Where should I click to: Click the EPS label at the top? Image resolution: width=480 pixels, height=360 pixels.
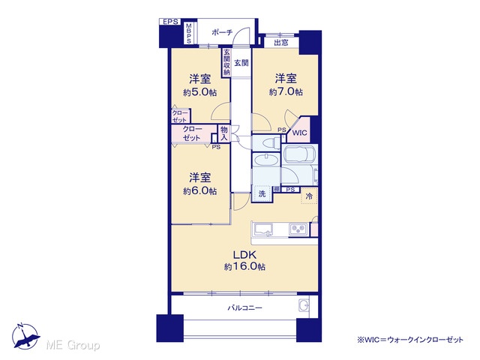point(170,22)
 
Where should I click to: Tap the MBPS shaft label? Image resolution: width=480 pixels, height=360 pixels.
point(189,33)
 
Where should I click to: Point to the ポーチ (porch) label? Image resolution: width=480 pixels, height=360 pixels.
point(223,32)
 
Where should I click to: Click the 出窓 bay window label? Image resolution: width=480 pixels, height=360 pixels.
point(281,43)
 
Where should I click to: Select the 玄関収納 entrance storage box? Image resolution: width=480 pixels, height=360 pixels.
point(226,62)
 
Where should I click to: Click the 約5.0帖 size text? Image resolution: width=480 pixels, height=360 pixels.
point(200,92)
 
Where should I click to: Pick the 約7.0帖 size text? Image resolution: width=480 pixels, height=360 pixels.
point(286,91)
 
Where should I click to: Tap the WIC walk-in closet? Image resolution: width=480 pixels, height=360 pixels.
point(299,133)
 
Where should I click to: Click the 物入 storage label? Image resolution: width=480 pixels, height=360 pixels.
point(224,133)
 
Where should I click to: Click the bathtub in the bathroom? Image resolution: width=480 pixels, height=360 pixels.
point(298,154)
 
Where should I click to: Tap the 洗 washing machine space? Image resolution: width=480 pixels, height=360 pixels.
point(262,193)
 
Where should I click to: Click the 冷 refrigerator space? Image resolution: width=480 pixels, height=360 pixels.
point(309,196)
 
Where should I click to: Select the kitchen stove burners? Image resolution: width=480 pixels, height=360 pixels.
point(298,229)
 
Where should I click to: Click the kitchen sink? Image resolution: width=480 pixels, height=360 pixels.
point(263,229)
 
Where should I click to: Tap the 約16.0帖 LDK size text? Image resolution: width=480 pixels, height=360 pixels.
point(245,267)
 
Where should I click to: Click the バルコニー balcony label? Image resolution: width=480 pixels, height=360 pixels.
point(244,307)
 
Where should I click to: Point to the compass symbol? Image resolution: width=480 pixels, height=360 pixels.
point(25,336)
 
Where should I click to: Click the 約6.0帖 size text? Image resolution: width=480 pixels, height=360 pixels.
point(200,191)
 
